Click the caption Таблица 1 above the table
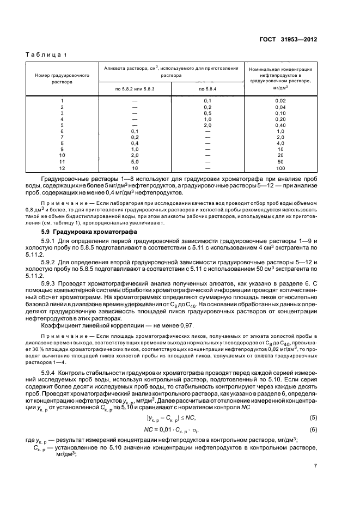pos(46,55)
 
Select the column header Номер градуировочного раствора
pos(62,80)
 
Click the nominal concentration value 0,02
pos(280,101)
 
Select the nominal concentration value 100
pos(280,168)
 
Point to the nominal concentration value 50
pos(280,162)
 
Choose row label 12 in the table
pos(62,168)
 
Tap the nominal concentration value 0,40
pos(280,125)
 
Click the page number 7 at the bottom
pos(315,466)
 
